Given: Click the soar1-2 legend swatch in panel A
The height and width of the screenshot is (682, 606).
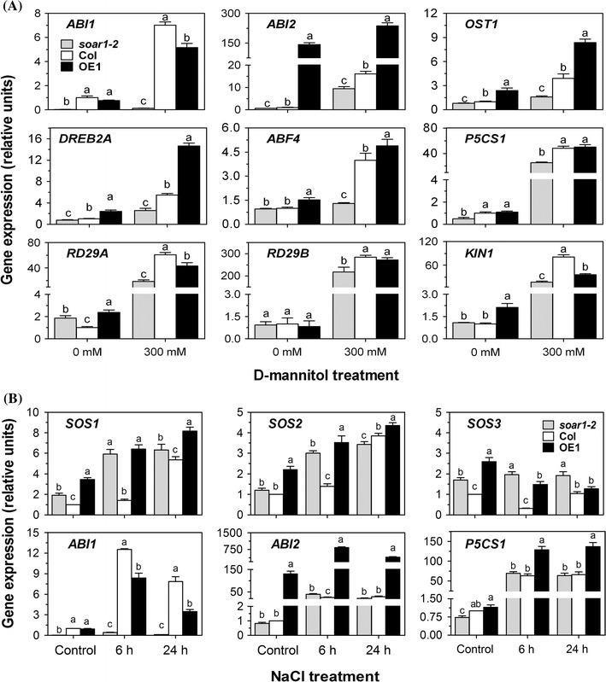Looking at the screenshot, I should pos(74,42).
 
